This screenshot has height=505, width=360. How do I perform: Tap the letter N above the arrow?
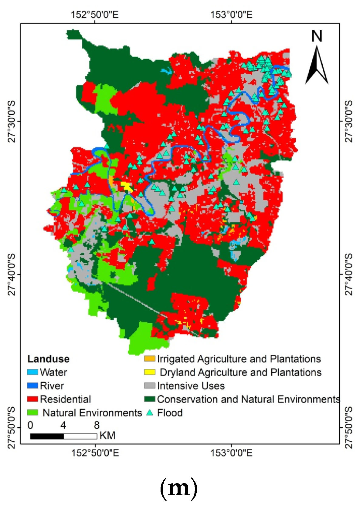click(x=317, y=36)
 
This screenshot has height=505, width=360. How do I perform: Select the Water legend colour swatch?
click(x=32, y=372)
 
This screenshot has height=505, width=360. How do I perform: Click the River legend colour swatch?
click(x=32, y=385)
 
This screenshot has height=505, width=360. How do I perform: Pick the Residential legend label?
click(x=65, y=399)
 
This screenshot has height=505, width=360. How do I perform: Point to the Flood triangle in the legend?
click(x=149, y=412)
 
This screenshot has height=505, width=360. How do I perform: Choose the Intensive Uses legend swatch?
click(x=149, y=385)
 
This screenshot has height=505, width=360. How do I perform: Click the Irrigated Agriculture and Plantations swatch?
click(x=149, y=359)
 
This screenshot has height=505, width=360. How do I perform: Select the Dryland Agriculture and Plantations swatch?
click(x=149, y=372)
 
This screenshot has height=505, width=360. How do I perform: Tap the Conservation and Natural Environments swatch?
click(x=149, y=399)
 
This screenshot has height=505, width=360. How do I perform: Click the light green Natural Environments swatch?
click(x=32, y=412)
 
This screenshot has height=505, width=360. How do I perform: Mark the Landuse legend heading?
click(x=48, y=359)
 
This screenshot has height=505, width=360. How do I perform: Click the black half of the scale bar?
click(x=47, y=436)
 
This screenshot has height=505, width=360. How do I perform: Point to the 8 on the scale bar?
click(x=97, y=425)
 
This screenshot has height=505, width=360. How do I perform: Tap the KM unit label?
click(x=107, y=436)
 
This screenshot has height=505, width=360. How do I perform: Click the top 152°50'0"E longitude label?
click(x=95, y=14)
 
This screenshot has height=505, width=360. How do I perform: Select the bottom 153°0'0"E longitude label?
click(x=231, y=453)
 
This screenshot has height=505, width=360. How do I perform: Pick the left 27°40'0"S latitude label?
click(x=11, y=274)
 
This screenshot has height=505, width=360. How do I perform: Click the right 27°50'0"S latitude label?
click(x=349, y=428)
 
